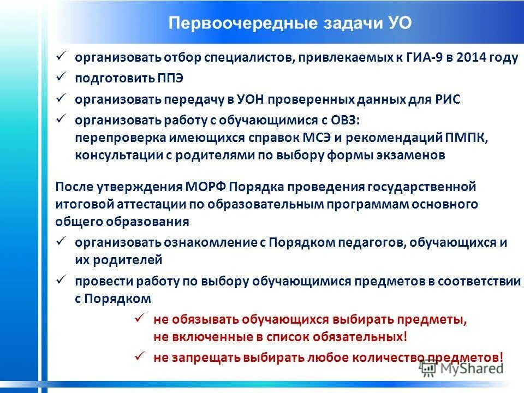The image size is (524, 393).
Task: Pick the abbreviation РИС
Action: point(449,99)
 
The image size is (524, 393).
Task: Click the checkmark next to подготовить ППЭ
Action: point(61,77)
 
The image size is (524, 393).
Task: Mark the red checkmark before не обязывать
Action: point(139,318)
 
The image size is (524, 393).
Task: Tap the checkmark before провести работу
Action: point(61,280)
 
